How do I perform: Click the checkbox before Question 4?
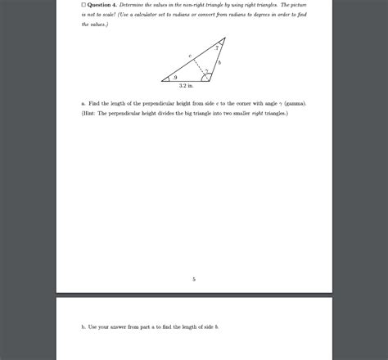click(x=83, y=5)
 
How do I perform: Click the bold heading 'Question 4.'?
click(x=104, y=5)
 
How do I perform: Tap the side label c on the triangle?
click(x=189, y=56)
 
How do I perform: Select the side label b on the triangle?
click(x=219, y=63)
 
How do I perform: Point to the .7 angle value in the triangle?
click(x=217, y=49)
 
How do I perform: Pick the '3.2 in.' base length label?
click(x=186, y=86)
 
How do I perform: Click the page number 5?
click(x=194, y=279)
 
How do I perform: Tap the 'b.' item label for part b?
click(x=83, y=326)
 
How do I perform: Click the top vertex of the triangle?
click(x=221, y=41)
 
